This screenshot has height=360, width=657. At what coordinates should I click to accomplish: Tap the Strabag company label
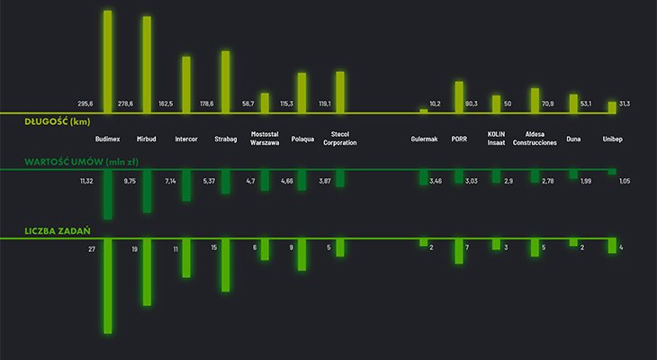(x=226, y=139)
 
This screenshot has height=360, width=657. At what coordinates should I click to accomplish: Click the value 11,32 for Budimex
(x=86, y=182)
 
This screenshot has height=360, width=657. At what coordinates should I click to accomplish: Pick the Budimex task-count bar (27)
(x=108, y=286)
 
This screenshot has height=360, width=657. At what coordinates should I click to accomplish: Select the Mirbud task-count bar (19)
(x=147, y=273)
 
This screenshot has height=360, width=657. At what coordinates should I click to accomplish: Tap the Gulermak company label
(x=424, y=139)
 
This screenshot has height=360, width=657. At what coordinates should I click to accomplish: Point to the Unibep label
(x=613, y=139)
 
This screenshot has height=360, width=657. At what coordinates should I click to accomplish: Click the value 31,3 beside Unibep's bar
(x=625, y=104)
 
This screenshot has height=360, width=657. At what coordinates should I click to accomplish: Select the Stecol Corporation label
(x=340, y=139)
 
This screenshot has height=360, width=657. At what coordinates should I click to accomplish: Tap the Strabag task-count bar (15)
(x=226, y=265)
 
